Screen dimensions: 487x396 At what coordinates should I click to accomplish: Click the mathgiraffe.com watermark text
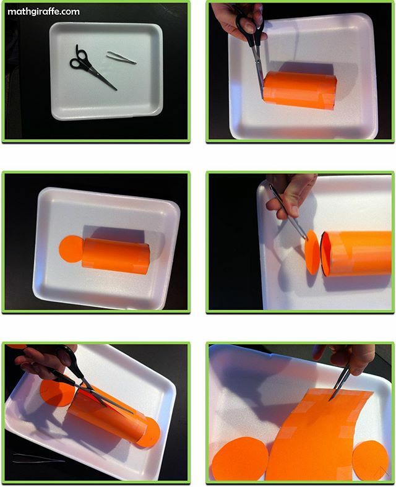point(43,11)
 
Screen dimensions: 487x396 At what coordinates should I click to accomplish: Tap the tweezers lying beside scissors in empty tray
point(121,57)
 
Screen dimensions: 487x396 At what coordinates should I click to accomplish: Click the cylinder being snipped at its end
point(300,90)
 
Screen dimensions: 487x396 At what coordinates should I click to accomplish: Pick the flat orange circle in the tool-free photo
point(70,249)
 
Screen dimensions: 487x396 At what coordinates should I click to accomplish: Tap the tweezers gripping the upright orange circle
point(289,213)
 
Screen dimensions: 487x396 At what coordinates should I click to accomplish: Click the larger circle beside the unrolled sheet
point(239,459)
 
